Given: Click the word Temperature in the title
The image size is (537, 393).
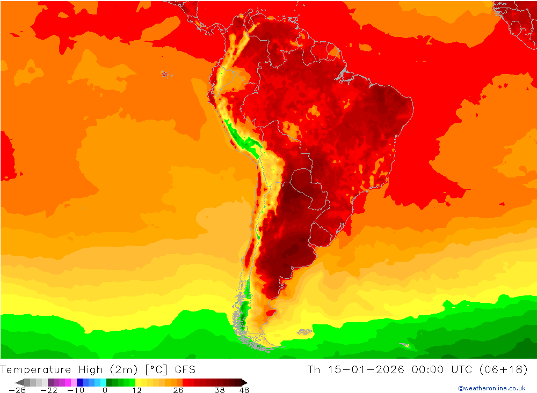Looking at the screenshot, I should click(35, 370).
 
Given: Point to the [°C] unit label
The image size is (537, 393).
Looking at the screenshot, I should click(158, 370).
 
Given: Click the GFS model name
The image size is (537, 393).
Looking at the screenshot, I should click(185, 370).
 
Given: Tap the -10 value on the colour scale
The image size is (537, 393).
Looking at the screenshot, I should click(75, 390).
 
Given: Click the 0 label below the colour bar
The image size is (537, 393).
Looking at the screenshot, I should click(105, 390).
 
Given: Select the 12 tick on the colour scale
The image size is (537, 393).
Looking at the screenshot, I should click(137, 390).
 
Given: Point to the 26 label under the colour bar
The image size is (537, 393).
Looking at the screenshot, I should click(178, 390).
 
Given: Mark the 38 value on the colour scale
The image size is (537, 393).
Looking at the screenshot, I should click(220, 390).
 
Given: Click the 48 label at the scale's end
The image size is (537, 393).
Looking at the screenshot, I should click(244, 390).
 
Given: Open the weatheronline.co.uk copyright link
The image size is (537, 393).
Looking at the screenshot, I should click(491, 388).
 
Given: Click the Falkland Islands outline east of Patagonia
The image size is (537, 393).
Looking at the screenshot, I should click(304, 332).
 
